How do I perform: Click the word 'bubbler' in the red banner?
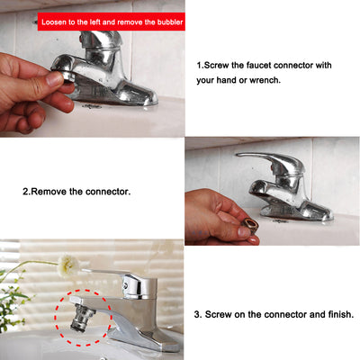[169, 22]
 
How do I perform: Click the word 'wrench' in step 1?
[265, 80]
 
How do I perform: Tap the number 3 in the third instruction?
[196, 315]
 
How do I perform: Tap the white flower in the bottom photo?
[68, 265]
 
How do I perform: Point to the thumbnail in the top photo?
[55, 79]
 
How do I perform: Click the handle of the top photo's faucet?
[101, 39]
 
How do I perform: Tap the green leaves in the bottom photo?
[11, 300]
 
